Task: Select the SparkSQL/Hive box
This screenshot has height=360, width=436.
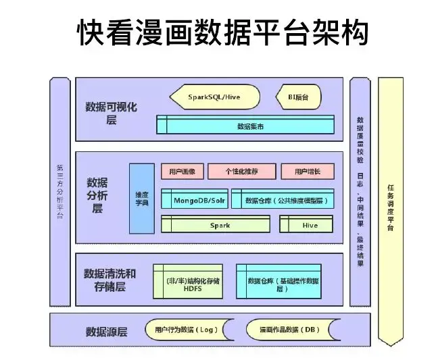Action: coord(214,97)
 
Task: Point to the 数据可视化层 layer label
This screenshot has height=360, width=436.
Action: coord(112,113)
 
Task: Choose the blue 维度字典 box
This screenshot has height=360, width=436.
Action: coord(141,198)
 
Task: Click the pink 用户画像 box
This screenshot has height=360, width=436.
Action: coord(182,172)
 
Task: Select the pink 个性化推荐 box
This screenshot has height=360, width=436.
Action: coord(243,172)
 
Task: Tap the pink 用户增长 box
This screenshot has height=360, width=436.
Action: coord(307,172)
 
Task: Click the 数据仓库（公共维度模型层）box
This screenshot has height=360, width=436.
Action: coord(283,200)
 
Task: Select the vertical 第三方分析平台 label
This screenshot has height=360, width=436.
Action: coord(60,192)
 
